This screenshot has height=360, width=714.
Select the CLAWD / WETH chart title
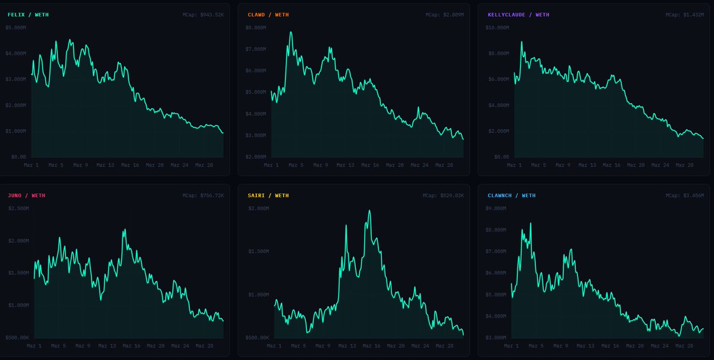[268, 14]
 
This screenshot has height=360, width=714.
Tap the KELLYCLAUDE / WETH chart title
[518, 14]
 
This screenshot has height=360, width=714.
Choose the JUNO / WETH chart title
[26, 195]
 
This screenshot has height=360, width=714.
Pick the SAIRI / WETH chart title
[268, 195]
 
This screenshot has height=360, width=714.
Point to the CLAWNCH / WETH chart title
[511, 195]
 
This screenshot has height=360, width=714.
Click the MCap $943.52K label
[203, 14]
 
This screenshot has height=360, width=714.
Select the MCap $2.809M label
[444, 14]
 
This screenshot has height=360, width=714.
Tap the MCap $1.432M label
[685, 14]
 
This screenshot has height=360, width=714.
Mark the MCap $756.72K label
[203, 195]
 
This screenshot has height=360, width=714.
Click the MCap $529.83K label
[443, 195]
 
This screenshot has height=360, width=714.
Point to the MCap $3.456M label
[685, 195]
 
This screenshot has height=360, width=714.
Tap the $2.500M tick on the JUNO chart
[18, 208]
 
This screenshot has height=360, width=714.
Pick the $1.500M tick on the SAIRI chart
[259, 251]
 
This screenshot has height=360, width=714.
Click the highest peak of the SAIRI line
[369, 211]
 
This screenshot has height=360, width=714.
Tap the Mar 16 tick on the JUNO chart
[131, 346]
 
